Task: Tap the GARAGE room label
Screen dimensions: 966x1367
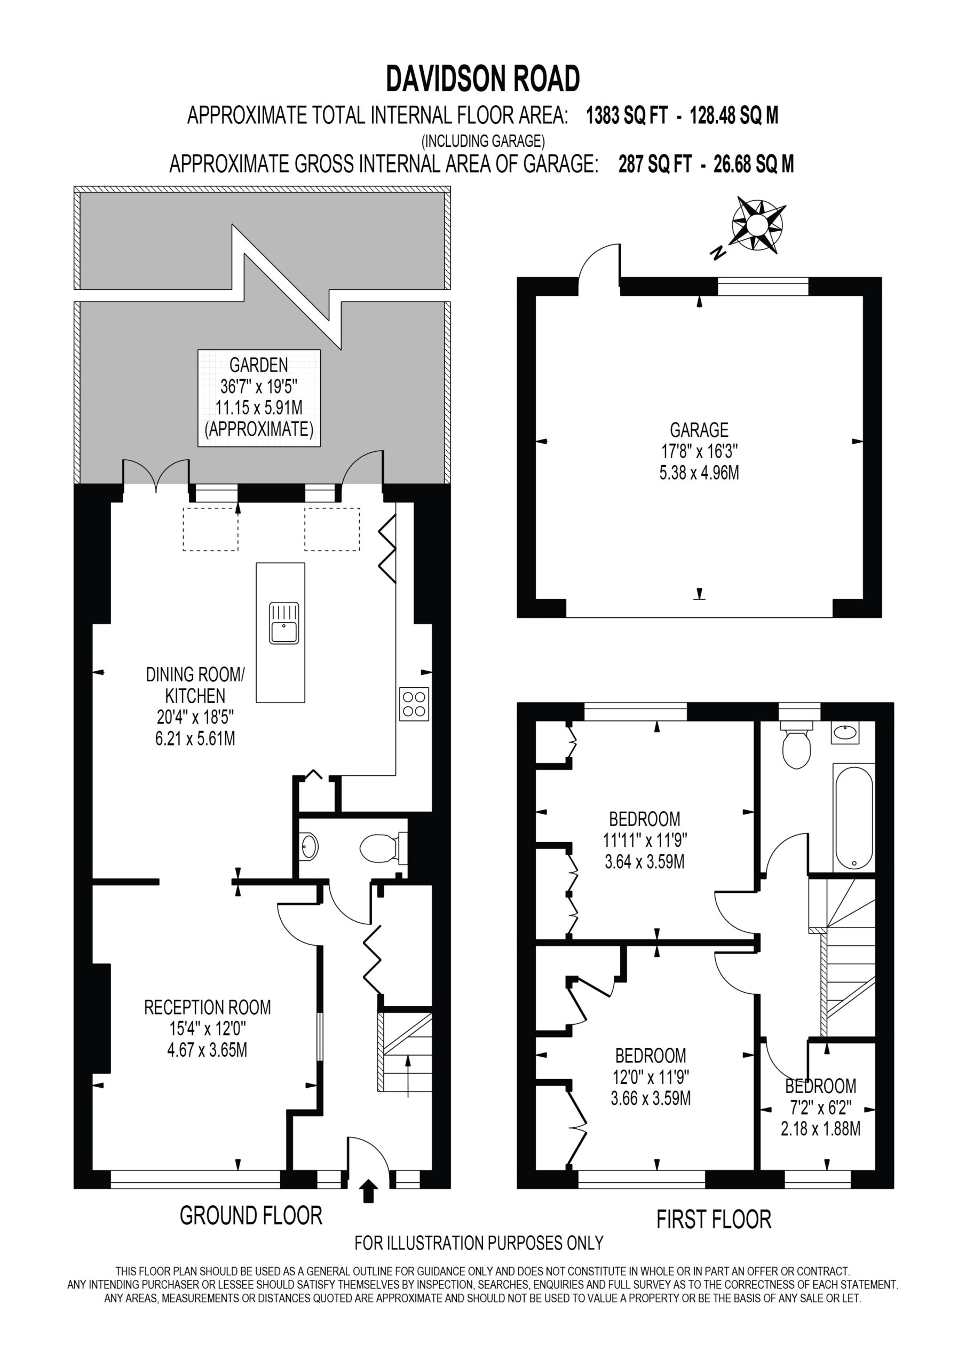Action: click(699, 429)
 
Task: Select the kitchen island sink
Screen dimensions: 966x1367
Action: click(284, 623)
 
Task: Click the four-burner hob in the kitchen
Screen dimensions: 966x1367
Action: click(414, 704)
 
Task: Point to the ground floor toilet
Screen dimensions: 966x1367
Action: click(383, 847)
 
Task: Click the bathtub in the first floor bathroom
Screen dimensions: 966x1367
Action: click(853, 818)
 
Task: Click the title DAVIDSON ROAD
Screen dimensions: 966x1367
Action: click(482, 78)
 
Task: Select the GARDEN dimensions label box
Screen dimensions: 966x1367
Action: click(259, 398)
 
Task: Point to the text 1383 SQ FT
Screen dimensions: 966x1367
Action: click(627, 115)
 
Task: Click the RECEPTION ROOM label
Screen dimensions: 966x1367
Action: click(207, 1008)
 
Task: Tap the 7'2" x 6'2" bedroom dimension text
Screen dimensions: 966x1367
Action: click(820, 1108)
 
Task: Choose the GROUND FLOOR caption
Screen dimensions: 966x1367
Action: click(251, 1216)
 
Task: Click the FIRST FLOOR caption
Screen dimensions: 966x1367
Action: click(714, 1219)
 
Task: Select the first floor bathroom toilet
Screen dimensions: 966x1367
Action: click(796, 745)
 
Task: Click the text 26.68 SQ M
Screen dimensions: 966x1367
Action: click(754, 164)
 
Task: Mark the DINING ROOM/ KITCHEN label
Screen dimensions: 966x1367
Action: click(195, 685)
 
